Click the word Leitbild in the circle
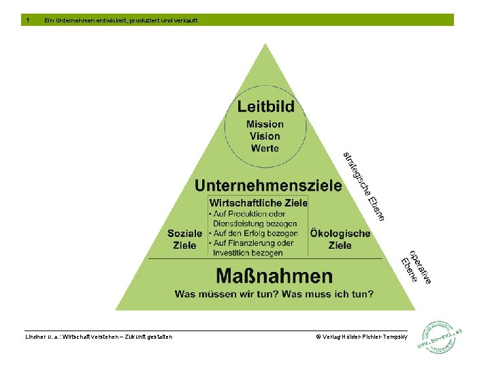pos(265,106)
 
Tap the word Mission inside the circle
pos(265,124)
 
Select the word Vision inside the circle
pos(265,136)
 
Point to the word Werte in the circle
pos(265,148)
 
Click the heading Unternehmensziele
pos(268,185)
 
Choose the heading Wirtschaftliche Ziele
pos(259,203)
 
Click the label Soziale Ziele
pos(185,239)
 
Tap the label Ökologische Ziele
pos(340,239)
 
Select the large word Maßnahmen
pos(274,276)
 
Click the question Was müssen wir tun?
pos(223,294)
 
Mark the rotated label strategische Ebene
pos(364,185)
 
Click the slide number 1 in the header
pos(27,20)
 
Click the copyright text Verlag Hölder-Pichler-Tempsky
pos(361,337)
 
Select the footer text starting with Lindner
pos(99,337)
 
